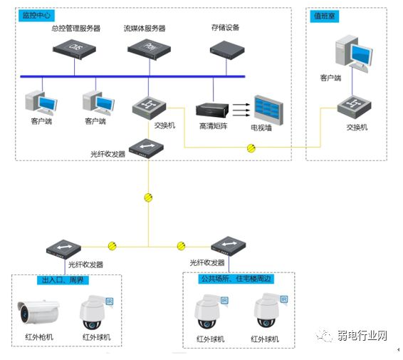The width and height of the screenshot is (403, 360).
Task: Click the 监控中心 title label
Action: click(38, 15)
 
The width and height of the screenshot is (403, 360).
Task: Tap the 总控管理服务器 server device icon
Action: click(76, 48)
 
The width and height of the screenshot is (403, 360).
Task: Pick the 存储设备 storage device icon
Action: click(226, 49)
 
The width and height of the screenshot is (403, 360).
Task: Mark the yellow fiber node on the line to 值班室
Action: click(251, 148)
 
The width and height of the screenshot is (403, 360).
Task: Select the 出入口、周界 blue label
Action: click(63, 279)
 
